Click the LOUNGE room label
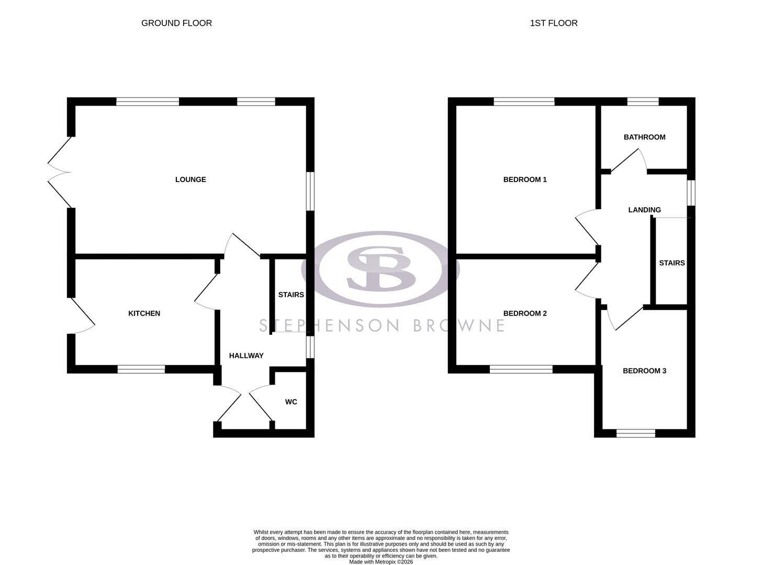pos(190,179)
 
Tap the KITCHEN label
pos(144,313)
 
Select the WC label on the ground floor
pos(291,402)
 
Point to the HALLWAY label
pos(246,356)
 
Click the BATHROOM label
pos(644,137)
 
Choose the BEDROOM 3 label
pos(644,371)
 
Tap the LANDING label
pos(644,210)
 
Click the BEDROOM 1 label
pos(525,179)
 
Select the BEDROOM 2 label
pos(525,313)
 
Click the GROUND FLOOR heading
pos(177,23)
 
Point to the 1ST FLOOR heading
pos(554,23)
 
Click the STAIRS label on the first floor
pos(671,263)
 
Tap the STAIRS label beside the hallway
pos(291,295)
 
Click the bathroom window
pos(643,102)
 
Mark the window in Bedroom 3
pos(636,433)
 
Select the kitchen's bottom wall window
pos(141,369)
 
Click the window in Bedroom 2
pos(521,369)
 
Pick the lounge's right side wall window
pos(310,191)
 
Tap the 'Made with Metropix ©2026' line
pos(381,562)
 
